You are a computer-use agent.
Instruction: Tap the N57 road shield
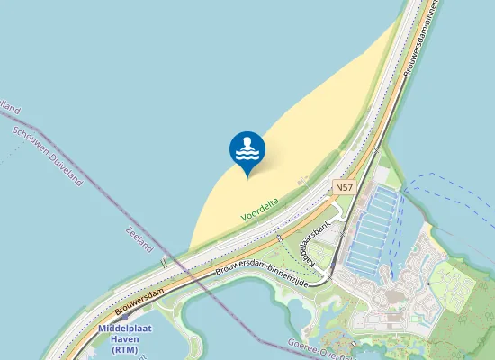343,187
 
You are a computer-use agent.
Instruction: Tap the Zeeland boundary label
140,238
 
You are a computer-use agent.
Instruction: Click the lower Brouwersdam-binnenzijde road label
261,273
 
